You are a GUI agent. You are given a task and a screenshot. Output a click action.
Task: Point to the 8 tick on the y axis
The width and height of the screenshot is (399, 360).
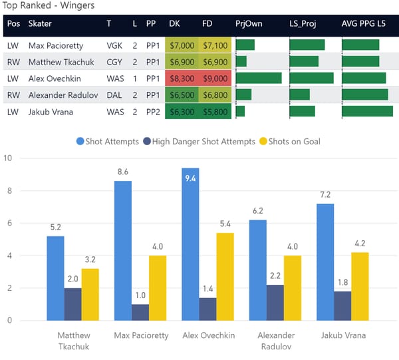[8, 191]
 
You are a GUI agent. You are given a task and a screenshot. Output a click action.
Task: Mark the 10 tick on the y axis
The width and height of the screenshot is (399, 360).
[8, 158]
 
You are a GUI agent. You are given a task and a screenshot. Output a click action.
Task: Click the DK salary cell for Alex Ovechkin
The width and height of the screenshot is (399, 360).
[182, 78]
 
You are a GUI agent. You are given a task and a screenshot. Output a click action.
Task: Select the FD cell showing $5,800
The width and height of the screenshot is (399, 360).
[215, 111]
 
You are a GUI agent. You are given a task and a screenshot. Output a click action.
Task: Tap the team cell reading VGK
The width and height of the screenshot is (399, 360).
[114, 45]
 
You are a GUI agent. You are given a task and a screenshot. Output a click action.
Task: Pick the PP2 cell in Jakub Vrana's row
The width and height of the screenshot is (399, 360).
[152, 111]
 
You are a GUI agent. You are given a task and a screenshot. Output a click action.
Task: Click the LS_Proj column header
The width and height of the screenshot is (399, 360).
[306, 24]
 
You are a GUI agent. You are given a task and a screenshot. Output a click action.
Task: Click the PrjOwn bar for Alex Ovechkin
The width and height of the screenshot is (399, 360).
[258, 78]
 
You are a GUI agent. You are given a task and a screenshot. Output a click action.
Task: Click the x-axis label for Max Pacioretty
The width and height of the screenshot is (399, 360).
[141, 335]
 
